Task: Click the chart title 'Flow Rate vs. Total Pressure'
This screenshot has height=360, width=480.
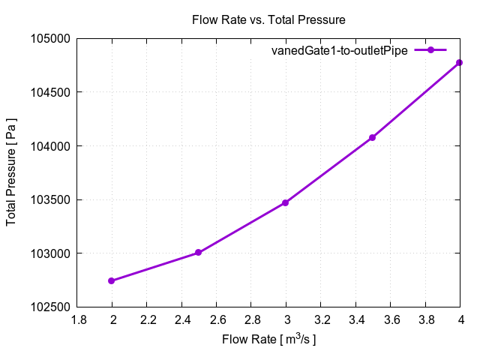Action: pyautogui.click(x=268, y=19)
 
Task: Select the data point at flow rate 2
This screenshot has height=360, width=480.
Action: pyautogui.click(x=112, y=281)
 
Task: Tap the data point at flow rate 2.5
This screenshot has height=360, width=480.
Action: pyautogui.click(x=198, y=253)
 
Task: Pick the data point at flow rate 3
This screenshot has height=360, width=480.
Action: pyautogui.click(x=286, y=202)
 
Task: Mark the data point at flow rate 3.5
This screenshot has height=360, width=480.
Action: pyautogui.click(x=372, y=137)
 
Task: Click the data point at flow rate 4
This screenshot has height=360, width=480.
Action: pyautogui.click(x=460, y=62)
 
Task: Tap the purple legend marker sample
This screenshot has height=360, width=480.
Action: pyautogui.click(x=430, y=50)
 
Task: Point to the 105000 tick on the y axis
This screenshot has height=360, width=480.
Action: pyautogui.click(x=52, y=39)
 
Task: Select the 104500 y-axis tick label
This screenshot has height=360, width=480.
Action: pyautogui.click(x=52, y=92)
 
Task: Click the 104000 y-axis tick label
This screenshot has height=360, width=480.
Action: pyautogui.click(x=52, y=146)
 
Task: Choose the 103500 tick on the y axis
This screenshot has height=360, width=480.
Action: pyautogui.click(x=52, y=200)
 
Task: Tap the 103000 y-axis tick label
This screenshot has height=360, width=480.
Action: pyautogui.click(x=52, y=253)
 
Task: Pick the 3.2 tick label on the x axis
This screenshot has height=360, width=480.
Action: pyautogui.click(x=321, y=319)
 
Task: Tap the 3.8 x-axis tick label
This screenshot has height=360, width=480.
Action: pyautogui.click(x=425, y=319)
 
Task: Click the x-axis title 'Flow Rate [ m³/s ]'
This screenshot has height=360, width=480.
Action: pyautogui.click(x=268, y=340)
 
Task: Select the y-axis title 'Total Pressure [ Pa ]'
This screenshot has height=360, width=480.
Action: pyautogui.click(x=12, y=172)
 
